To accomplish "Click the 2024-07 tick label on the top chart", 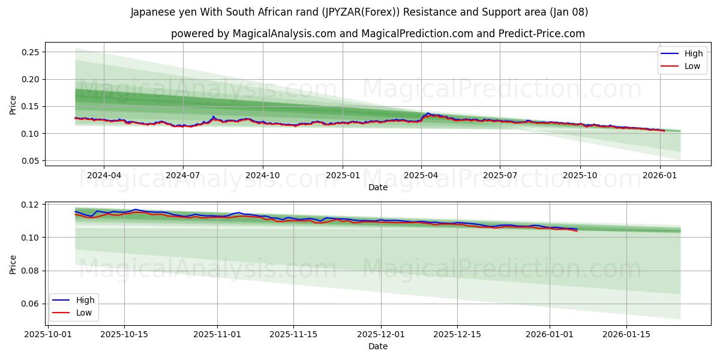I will [182, 176].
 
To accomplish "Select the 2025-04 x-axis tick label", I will [421, 176].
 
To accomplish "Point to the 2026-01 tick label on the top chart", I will [660, 176].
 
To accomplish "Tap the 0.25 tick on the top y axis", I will [31, 52].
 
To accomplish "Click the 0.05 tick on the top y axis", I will [31, 161].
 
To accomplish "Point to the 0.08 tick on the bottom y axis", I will [31, 271].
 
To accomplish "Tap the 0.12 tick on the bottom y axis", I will [31, 205].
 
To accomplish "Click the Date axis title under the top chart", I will [378, 187].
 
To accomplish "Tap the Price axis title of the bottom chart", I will [13, 265].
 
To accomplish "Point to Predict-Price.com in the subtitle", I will [542, 34].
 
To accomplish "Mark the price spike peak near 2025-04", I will [428, 113].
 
